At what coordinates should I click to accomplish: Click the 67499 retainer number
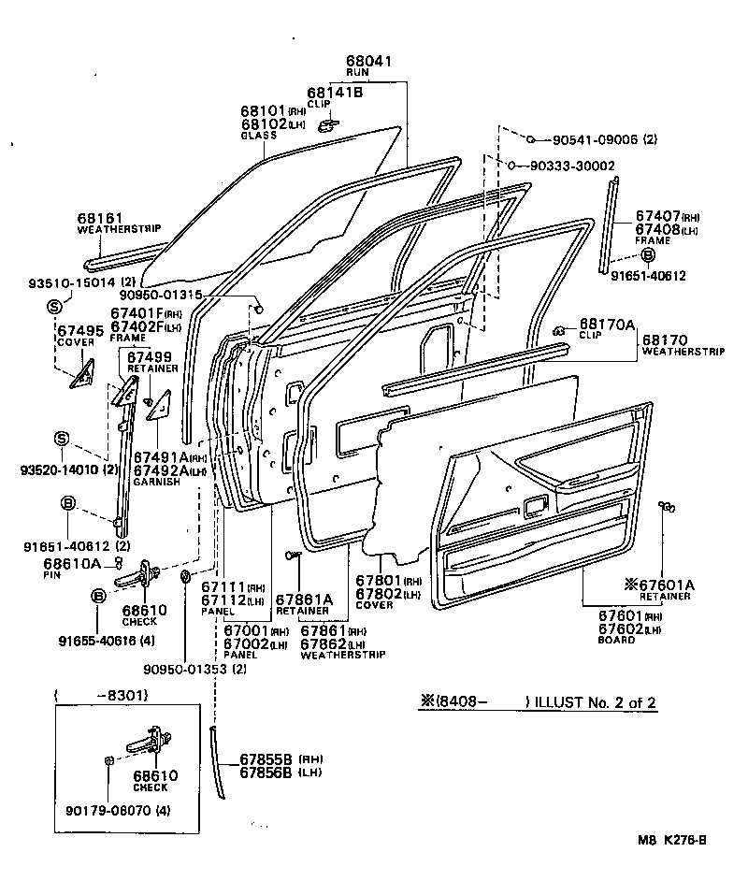click(150, 356)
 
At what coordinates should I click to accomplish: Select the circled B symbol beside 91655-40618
click(98, 595)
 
